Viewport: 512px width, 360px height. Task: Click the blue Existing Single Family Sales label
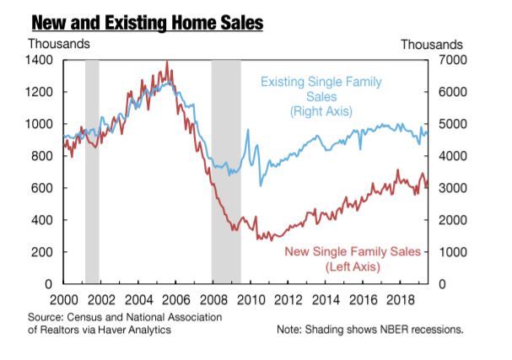click(x=321, y=96)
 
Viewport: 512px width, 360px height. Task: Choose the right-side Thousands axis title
click(x=431, y=44)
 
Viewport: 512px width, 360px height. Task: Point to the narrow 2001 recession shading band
click(x=92, y=169)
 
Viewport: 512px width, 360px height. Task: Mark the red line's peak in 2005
click(x=167, y=62)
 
